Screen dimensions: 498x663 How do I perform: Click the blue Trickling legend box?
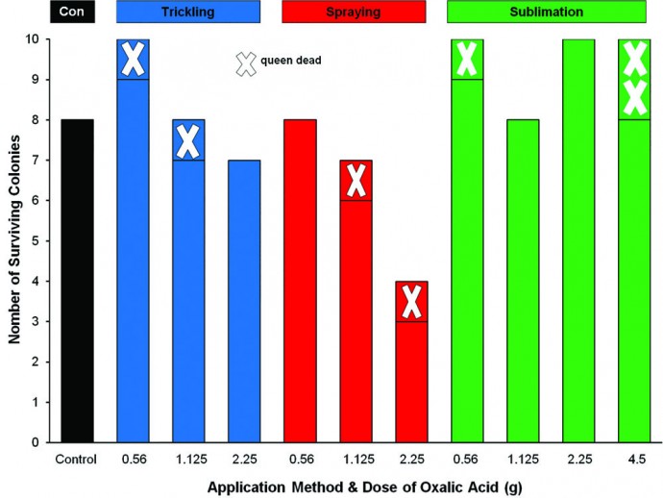tap(188, 12)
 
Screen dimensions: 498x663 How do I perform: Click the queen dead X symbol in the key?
tap(246, 62)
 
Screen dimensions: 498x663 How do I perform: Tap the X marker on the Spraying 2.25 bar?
tap(411, 301)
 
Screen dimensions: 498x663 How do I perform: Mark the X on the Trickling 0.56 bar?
tap(133, 59)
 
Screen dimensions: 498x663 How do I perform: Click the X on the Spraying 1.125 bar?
tap(356, 180)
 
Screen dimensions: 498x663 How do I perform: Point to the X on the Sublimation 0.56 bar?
tap(467, 59)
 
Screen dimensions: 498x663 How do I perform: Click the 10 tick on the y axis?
tap(41, 39)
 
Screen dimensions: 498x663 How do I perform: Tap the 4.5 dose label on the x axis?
tap(634, 457)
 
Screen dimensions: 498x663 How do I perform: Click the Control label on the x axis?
tap(77, 457)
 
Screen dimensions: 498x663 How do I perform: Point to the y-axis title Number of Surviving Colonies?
tap(12, 240)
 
